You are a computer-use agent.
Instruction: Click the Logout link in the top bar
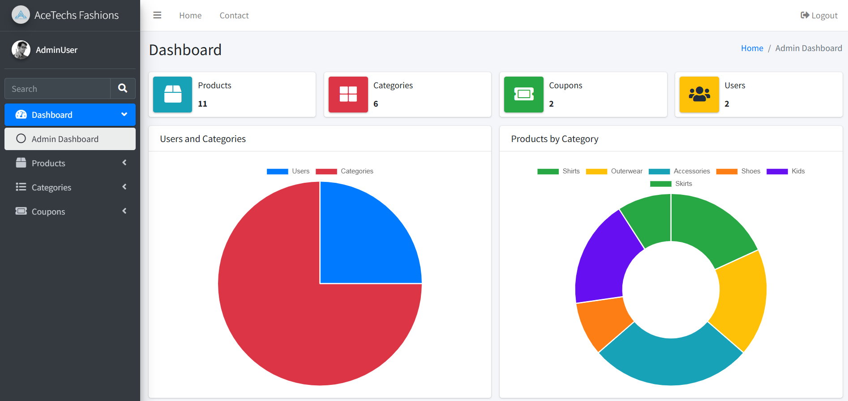point(819,16)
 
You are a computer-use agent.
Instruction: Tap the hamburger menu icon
point(157,15)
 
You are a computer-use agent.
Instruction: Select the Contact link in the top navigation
point(234,16)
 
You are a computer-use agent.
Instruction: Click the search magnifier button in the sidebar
point(123,88)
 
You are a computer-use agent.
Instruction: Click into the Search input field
point(57,88)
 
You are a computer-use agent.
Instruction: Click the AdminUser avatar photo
point(21,50)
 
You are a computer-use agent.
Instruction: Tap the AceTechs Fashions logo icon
point(21,15)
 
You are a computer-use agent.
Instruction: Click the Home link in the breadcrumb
point(752,48)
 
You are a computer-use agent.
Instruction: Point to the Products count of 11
point(202,104)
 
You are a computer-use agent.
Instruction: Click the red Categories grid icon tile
point(348,95)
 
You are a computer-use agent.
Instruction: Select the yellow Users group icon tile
point(699,95)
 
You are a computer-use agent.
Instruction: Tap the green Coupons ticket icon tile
point(524,95)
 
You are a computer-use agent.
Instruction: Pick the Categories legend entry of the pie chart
point(344,171)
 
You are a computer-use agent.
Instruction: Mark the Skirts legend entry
point(671,184)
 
